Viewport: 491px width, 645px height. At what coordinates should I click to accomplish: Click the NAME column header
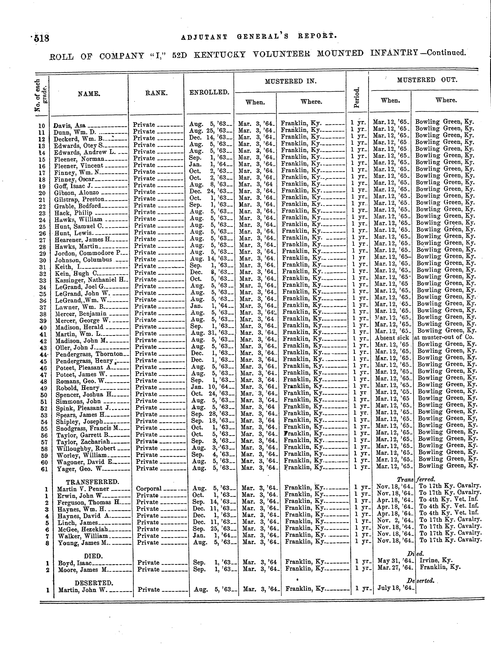(x=89, y=94)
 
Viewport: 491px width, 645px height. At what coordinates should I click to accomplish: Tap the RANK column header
(x=156, y=93)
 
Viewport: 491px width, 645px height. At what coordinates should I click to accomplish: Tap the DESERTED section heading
(x=93, y=583)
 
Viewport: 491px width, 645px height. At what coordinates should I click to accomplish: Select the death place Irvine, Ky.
(x=436, y=560)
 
